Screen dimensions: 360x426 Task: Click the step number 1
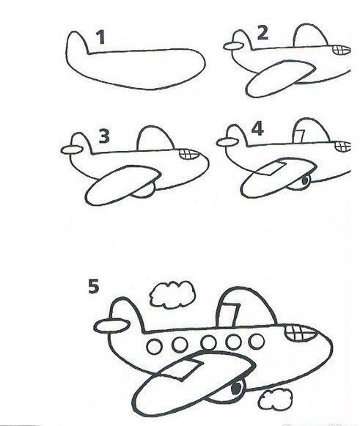coord(101,37)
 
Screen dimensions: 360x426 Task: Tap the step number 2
coord(262,33)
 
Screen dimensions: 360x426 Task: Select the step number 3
coord(104,136)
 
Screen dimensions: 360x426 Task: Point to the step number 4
coord(257,128)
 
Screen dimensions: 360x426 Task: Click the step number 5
coord(93,287)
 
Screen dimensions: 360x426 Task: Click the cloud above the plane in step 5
coord(172,295)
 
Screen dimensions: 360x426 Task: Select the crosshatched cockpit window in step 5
coord(301,333)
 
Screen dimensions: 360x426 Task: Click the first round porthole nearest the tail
coord(154,346)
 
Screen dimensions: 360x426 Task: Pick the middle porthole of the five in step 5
coord(209,342)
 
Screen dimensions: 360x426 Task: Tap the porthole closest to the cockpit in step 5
coord(256,341)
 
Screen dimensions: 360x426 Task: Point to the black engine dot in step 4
coord(305,180)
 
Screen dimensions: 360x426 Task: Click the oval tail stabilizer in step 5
coord(111,326)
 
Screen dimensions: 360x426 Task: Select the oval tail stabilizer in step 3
coord(72,150)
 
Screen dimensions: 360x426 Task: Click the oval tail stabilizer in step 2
coord(233,46)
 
